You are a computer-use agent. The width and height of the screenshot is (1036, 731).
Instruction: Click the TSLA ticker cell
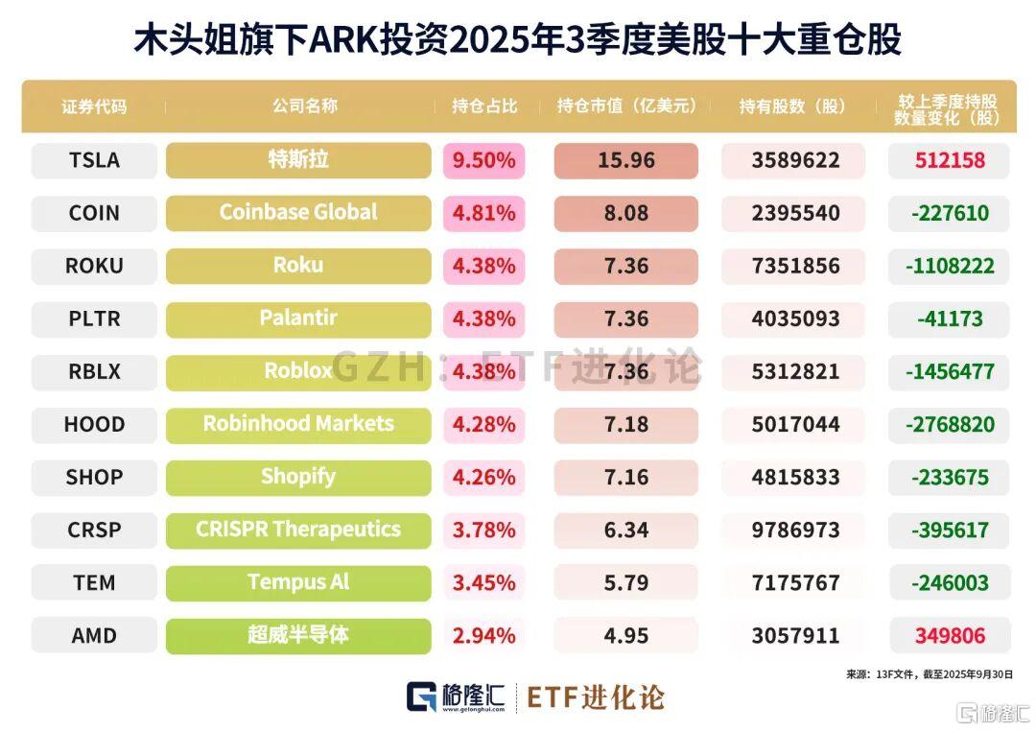(x=94, y=160)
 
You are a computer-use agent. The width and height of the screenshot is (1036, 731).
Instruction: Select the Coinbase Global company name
(x=298, y=213)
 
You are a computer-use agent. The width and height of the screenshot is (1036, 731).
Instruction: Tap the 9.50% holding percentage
(x=484, y=160)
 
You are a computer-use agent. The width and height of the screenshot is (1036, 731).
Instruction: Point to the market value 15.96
(x=625, y=160)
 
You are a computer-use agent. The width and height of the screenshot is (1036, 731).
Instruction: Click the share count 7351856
(x=795, y=266)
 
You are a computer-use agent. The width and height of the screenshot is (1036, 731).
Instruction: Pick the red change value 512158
(x=949, y=160)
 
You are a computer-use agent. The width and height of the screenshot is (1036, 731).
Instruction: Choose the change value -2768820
(x=949, y=424)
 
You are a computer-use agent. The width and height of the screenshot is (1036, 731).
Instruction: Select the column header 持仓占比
(x=484, y=106)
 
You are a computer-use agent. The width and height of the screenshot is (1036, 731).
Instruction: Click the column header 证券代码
(x=94, y=106)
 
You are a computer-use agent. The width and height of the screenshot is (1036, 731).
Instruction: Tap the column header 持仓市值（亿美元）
(x=626, y=106)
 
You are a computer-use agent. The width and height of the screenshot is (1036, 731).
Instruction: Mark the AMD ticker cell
(x=94, y=635)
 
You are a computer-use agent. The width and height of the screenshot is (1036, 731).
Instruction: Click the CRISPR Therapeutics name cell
(x=298, y=530)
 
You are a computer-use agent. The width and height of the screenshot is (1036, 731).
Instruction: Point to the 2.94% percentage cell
(x=484, y=635)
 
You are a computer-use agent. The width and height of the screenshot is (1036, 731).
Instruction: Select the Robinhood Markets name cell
(x=298, y=424)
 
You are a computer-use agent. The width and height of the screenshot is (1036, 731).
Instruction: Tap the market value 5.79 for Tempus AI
(x=625, y=582)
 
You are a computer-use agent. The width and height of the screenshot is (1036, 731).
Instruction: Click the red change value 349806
(x=949, y=635)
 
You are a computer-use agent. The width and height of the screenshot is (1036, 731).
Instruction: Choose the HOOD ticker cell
(x=94, y=424)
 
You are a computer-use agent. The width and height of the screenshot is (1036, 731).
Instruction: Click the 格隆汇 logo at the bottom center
(x=456, y=697)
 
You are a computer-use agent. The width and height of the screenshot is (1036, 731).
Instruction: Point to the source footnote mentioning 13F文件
(x=929, y=674)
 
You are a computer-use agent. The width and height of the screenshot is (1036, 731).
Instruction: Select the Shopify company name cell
(x=298, y=477)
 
